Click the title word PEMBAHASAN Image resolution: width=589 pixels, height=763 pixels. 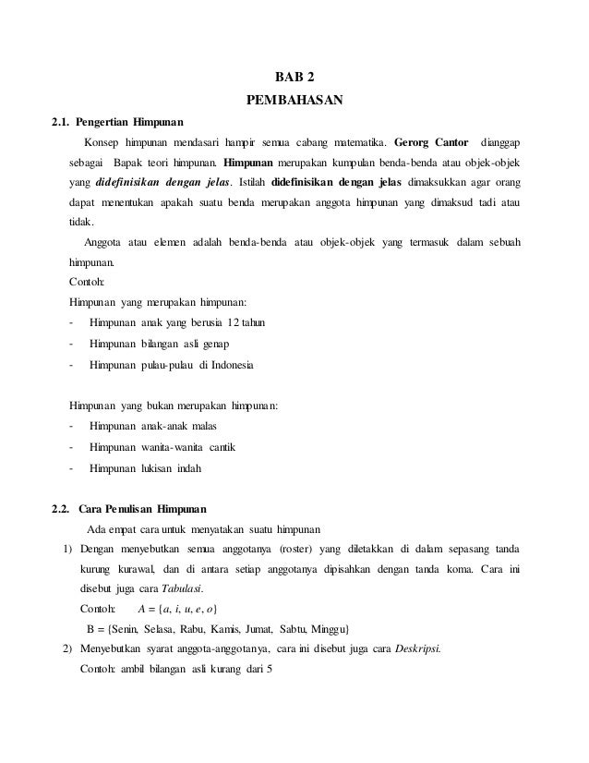tap(294, 98)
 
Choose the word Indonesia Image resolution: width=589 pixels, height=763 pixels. tap(232, 365)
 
